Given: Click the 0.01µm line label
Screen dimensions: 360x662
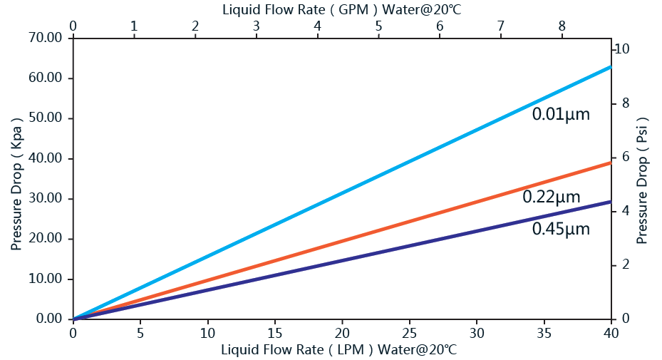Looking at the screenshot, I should click(561, 113).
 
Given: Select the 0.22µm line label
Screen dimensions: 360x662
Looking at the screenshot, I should click(551, 197).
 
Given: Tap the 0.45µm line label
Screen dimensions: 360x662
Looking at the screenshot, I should click(561, 229).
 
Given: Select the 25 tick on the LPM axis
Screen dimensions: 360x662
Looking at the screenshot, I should click(409, 333).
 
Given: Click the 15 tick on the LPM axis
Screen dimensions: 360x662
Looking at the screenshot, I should click(274, 333).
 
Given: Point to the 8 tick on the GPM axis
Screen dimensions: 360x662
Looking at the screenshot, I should click(562, 26).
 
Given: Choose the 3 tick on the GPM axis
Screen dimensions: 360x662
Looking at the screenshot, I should click(256, 26).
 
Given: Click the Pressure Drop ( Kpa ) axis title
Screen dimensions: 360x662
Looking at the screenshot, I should click(17, 180).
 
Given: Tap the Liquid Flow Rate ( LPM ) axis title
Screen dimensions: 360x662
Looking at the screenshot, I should click(338, 350).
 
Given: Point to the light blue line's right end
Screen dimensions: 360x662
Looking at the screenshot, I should click(611, 67).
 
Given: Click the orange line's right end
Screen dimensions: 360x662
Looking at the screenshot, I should click(611, 163).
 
